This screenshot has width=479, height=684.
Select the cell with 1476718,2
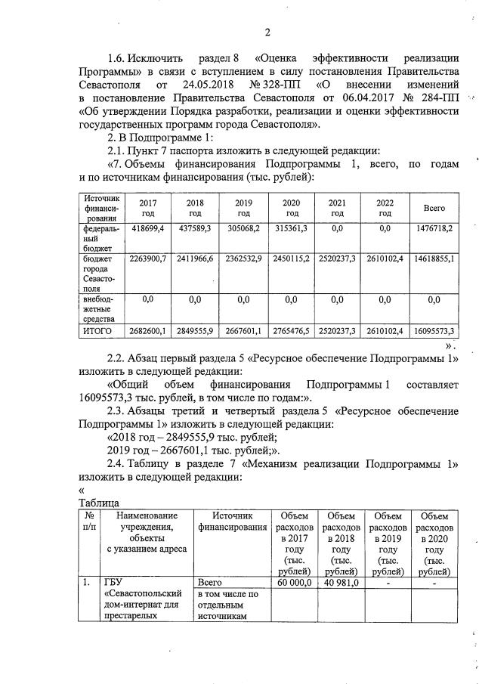[434, 227]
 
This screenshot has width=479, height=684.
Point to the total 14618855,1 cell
[434, 259]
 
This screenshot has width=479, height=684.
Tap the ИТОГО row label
[98, 331]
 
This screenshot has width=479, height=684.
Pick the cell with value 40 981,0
[341, 583]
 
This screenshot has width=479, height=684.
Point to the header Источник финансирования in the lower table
[233, 520]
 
